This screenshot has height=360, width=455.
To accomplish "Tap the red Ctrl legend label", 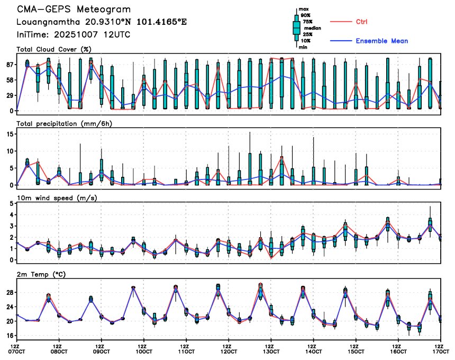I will coord(361,22).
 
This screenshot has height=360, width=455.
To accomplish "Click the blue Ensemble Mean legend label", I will coord(381,41).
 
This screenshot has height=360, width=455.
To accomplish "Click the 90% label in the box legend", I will coord(306,15).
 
